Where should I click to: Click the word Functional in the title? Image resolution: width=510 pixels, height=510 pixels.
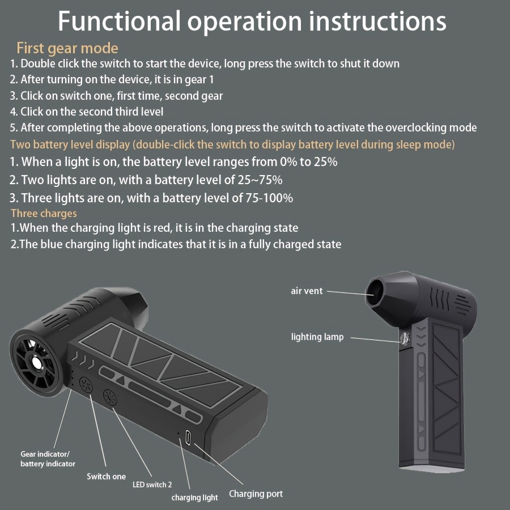click(119, 21)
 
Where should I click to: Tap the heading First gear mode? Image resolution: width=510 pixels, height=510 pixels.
click(67, 48)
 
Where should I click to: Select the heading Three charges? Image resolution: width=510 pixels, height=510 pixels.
click(44, 214)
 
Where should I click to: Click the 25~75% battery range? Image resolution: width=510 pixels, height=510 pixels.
click(260, 180)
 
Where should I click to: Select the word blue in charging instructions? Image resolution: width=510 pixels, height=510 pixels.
click(51, 244)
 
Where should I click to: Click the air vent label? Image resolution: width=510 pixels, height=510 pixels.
click(307, 291)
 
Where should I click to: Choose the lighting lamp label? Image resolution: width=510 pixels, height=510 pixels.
click(317, 337)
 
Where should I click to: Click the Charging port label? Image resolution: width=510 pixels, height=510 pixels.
click(256, 494)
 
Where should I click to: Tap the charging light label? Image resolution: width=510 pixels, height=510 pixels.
click(195, 498)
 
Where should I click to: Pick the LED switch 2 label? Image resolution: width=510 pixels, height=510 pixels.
click(152, 484)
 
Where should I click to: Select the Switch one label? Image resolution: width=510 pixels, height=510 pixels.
click(107, 477)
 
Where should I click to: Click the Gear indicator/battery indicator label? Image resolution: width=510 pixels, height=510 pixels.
click(48, 459)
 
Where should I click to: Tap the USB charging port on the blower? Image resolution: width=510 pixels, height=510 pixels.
click(188, 438)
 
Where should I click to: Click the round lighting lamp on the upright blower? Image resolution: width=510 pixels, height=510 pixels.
click(405, 338)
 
